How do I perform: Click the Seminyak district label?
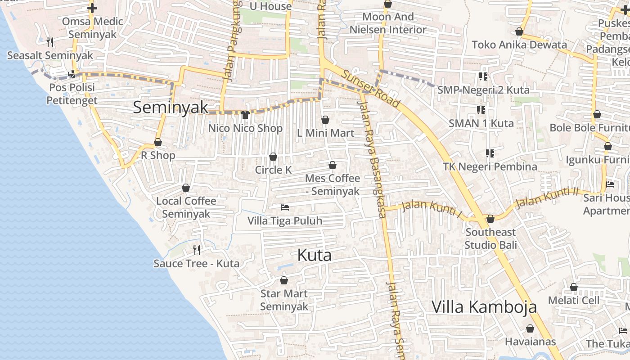coord(171,107)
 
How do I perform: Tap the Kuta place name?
coord(314,255)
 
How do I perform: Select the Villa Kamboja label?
coord(484,306)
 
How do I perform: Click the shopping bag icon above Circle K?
coord(273,157)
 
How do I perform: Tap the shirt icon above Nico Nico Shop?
coord(245,115)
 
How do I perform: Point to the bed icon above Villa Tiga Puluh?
coord(284,207)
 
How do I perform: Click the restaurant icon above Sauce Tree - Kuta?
coord(197,250)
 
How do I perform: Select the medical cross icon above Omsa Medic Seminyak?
coord(92,8)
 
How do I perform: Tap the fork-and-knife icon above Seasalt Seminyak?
coord(50,42)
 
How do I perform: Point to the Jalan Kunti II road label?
coord(547,198)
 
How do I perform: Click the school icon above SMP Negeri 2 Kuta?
coord(483,76)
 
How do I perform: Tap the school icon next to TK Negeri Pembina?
coord(490,153)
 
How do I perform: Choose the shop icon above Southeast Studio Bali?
coord(490,219)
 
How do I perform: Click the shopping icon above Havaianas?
coord(530,328)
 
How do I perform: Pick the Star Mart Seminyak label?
coord(284,300)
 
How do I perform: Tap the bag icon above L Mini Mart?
coord(325,120)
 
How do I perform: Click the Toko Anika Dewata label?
coord(519,45)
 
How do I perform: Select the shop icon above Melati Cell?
coord(574,287)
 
